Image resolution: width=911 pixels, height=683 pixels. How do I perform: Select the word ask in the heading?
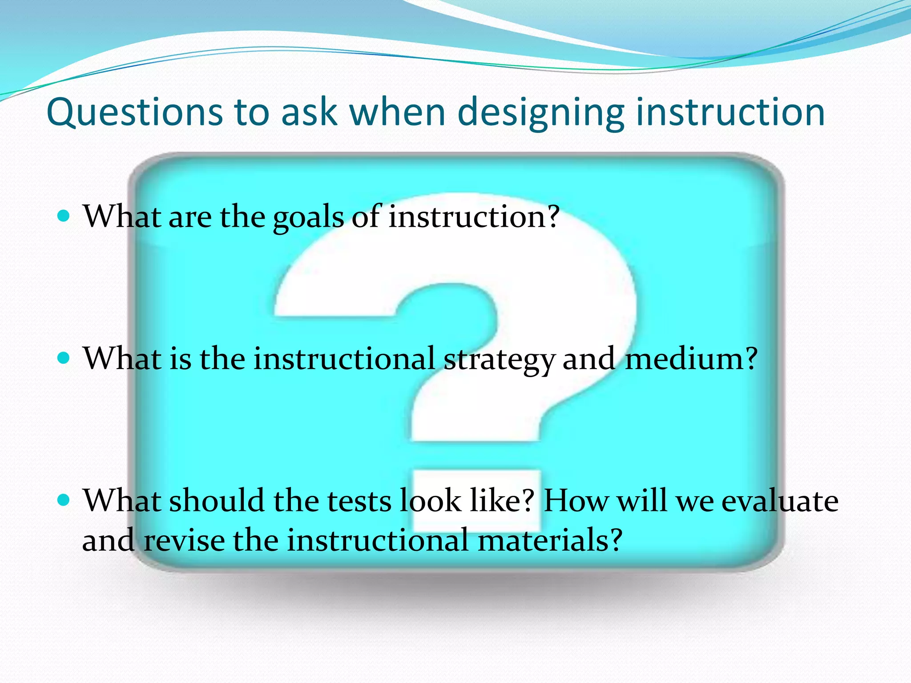click(x=309, y=112)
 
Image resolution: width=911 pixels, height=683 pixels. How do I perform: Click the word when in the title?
click(x=398, y=112)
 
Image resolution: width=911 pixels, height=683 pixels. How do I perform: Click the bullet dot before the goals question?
click(x=64, y=216)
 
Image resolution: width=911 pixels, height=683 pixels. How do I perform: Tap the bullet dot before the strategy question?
click(x=64, y=358)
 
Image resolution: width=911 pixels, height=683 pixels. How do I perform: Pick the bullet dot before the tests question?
click(x=64, y=500)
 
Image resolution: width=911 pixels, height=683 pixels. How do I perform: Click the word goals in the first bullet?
click(x=308, y=218)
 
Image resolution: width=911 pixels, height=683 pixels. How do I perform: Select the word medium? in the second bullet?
click(x=691, y=358)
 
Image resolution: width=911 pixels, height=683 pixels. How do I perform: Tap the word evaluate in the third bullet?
click(x=779, y=501)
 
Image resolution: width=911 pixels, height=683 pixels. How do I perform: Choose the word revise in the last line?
click(x=184, y=540)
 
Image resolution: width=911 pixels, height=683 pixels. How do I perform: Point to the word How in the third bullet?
click(x=576, y=501)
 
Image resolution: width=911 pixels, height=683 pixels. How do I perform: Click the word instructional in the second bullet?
click(x=344, y=358)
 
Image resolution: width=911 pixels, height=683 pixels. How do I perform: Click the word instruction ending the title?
click(x=730, y=112)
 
